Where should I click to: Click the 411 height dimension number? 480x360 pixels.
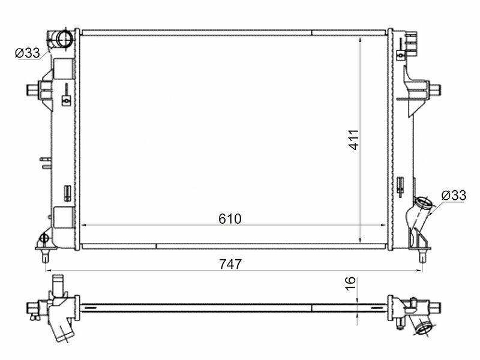click(x=354, y=140)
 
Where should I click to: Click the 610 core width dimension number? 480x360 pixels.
click(x=230, y=219)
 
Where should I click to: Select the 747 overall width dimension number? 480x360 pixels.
click(x=230, y=264)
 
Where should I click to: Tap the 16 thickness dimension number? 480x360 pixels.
click(x=351, y=283)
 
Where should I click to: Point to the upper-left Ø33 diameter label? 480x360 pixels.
click(x=27, y=53)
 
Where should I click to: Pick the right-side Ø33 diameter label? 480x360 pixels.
click(x=454, y=195)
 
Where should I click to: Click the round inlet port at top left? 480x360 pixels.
click(x=65, y=38)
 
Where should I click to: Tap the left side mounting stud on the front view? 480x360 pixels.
click(x=33, y=89)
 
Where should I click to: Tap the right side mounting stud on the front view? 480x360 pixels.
click(x=434, y=89)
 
